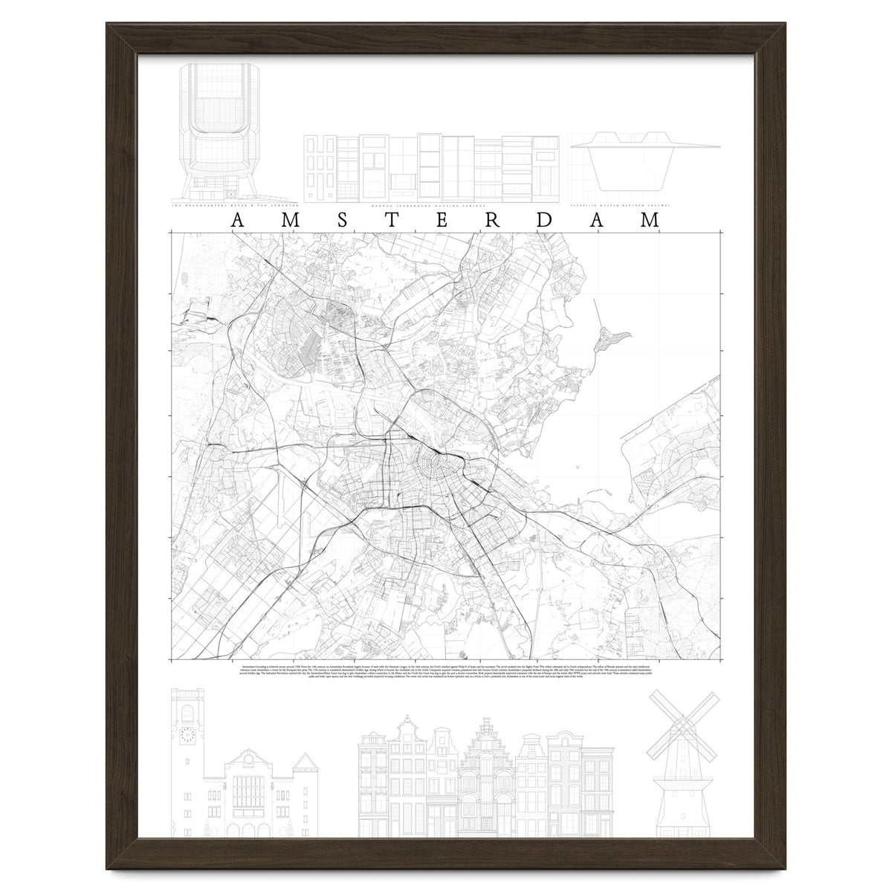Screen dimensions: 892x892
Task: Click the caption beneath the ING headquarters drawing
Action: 235,202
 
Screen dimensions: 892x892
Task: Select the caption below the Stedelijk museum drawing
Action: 621,202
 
